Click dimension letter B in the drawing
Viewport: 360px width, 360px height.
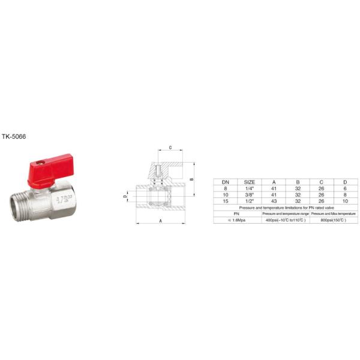(x=191, y=179)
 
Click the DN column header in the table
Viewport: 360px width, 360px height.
(x=226, y=181)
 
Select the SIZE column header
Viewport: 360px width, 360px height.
(x=249, y=181)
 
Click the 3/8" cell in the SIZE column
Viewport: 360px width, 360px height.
(x=249, y=194)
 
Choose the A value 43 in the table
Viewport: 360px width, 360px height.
(x=274, y=200)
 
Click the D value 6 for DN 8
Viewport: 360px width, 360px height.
(x=344, y=188)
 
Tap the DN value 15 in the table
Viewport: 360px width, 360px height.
(x=226, y=200)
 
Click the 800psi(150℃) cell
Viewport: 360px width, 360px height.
(x=334, y=220)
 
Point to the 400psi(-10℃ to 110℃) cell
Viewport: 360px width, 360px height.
(x=286, y=220)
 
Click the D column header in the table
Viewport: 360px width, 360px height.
(x=344, y=181)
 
